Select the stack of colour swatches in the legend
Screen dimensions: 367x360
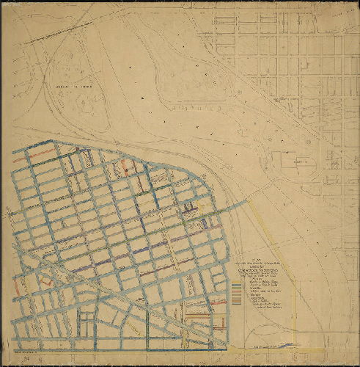(x=236, y=292)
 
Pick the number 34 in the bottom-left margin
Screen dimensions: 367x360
(x=27, y=359)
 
